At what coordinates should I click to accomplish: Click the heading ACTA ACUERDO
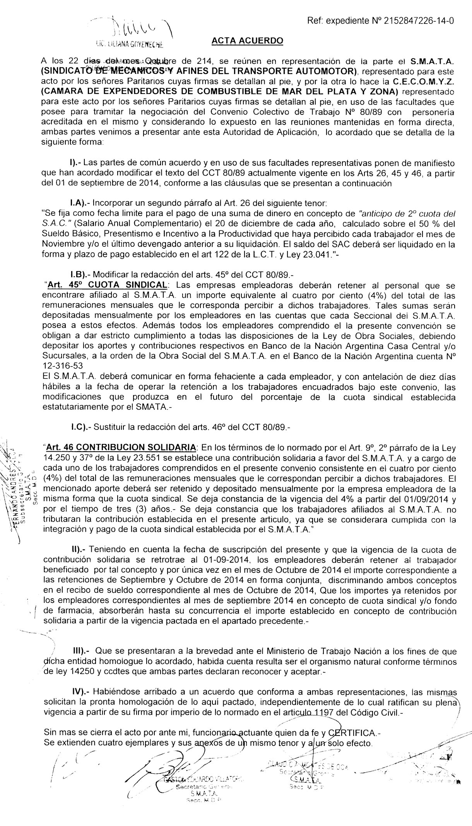tap(248, 41)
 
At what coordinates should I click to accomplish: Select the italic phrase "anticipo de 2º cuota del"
tap(407, 213)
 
